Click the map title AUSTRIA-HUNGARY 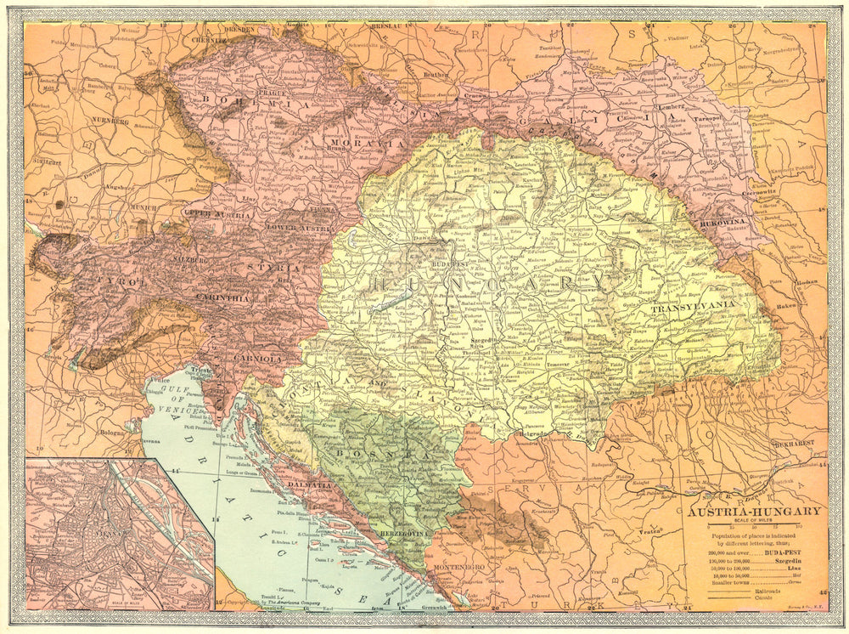743,511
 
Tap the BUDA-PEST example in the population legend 782,552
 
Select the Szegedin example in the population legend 783,563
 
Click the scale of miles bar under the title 744,528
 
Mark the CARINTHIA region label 223,297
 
